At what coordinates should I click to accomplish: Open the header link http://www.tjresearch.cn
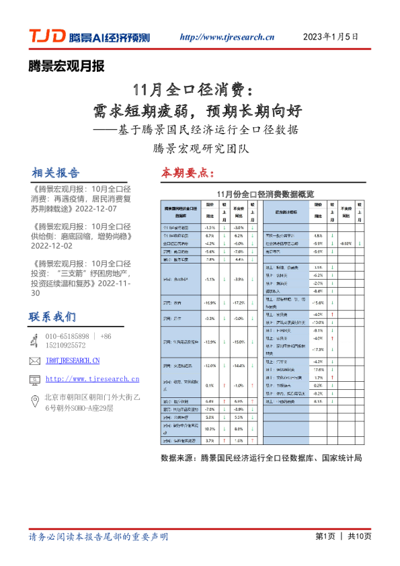pyautogui.click(x=227, y=37)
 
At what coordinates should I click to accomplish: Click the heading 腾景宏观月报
pyautogui.click(x=67, y=66)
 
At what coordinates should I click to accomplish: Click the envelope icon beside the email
pyautogui.click(x=35, y=361)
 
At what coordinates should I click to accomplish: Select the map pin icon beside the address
pyautogui.click(x=35, y=403)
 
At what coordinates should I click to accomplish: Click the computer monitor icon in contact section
pyautogui.click(x=35, y=379)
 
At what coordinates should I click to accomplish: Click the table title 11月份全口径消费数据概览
pyautogui.click(x=261, y=194)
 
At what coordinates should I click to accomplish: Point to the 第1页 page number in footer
pyautogui.click(x=325, y=536)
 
